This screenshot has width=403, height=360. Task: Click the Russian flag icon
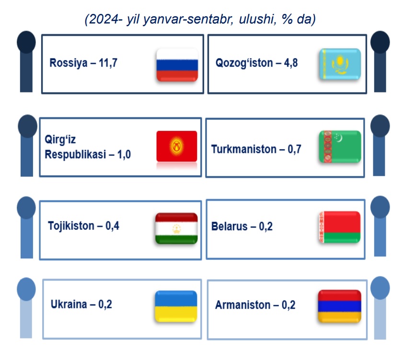tap(177, 65)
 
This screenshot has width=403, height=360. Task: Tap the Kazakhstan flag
tap(340, 64)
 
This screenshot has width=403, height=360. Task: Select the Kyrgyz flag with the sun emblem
tap(177, 146)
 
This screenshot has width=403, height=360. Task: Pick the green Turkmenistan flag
tap(340, 147)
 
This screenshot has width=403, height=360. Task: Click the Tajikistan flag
tap(176, 228)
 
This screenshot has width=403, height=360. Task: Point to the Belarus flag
tap(340, 227)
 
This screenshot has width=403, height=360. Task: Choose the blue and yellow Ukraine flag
tap(176, 306)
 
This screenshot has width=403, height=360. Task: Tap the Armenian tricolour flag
tap(340, 306)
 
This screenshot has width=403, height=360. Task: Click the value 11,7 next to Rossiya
tap(108, 63)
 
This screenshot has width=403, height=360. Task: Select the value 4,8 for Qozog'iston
tap(291, 63)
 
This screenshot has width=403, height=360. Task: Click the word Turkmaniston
tap(243, 149)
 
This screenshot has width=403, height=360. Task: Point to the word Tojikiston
tap(71, 226)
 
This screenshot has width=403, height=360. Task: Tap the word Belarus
tap(229, 227)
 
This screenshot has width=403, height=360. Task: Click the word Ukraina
tap(69, 304)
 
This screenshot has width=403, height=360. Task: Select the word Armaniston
tap(243, 305)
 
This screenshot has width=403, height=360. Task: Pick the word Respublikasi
tap(75, 154)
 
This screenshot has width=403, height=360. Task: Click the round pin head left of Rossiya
tap(26, 42)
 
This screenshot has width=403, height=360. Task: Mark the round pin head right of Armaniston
tap(380, 288)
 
